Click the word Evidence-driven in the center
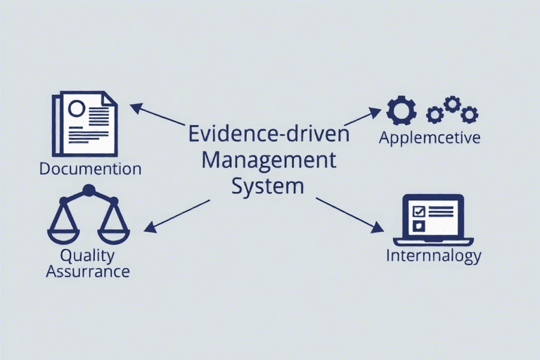tap(269, 134)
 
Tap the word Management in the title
tap(269, 160)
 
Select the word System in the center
tap(269, 186)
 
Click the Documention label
tap(91, 169)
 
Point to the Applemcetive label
tap(430, 137)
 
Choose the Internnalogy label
tap(433, 255)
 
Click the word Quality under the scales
tap(87, 255)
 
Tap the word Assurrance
tap(88, 271)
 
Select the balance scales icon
tap(89, 214)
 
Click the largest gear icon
tap(402, 111)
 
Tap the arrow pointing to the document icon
tap(158, 116)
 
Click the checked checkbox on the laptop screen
tap(418, 211)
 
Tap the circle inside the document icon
tap(77, 109)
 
